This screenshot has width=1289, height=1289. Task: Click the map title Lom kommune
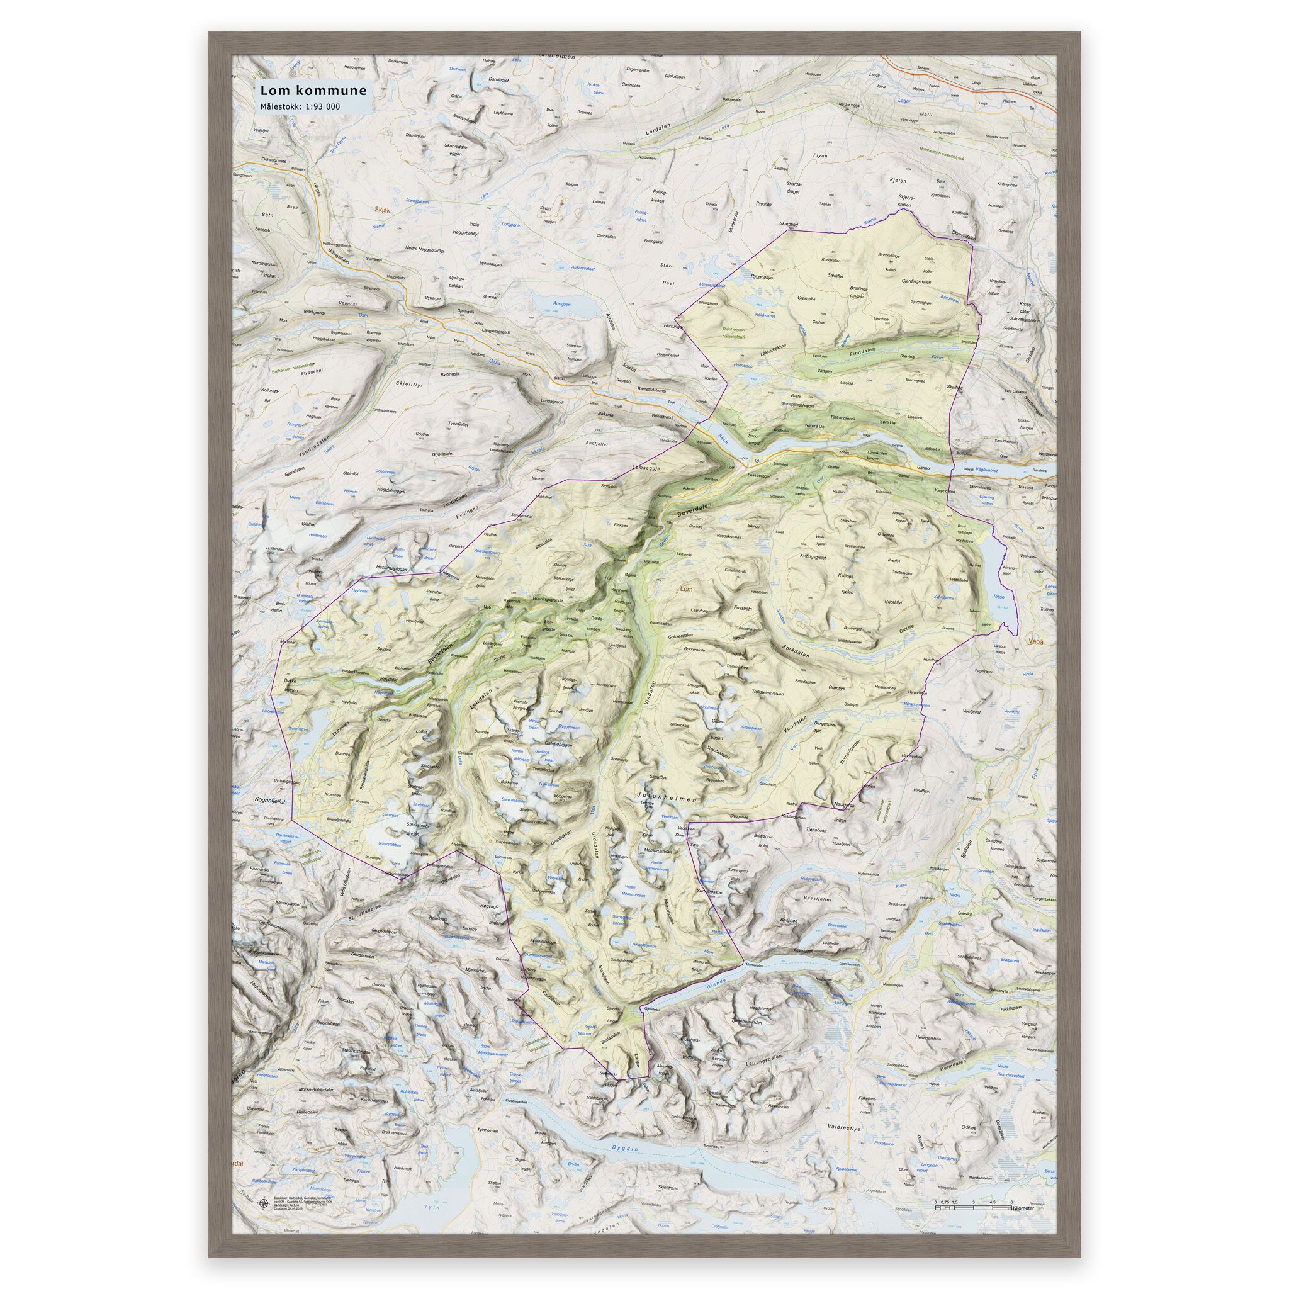312,89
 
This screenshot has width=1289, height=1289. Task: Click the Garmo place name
923,468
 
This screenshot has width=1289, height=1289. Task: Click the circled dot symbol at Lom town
757,460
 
